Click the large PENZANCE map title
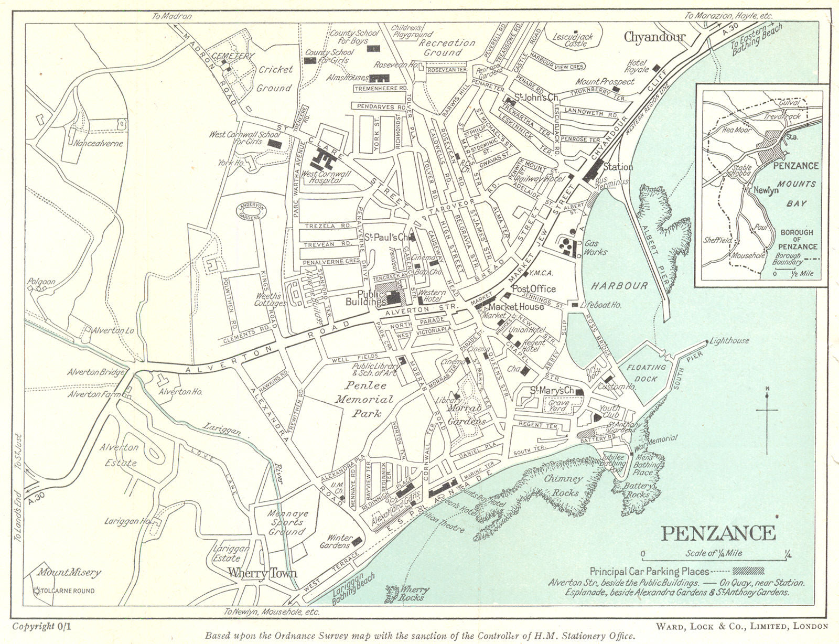pyautogui.click(x=718, y=533)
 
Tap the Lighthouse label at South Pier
pyautogui.click(x=729, y=341)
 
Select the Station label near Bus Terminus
pyautogui.click(x=618, y=167)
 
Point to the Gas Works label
pyautogui.click(x=596, y=248)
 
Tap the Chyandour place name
pyautogui.click(x=654, y=37)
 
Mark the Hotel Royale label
pyautogui.click(x=637, y=66)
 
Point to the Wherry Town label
pyautogui.click(x=255, y=573)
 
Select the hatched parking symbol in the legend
pyautogui.click(x=749, y=571)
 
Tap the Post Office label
pyautogui.click(x=533, y=289)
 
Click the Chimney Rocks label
pyautogui.click(x=563, y=486)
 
